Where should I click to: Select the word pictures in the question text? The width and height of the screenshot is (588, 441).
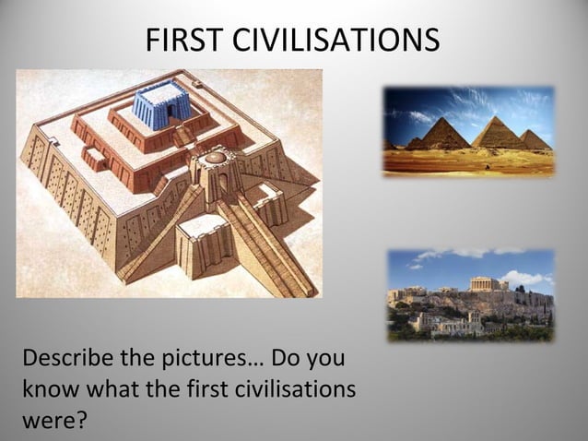click(213, 357)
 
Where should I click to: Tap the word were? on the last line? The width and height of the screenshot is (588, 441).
click(53, 422)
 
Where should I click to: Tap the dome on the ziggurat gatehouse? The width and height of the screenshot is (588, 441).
click(216, 158)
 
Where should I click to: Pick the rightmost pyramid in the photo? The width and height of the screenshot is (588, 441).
click(534, 140)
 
